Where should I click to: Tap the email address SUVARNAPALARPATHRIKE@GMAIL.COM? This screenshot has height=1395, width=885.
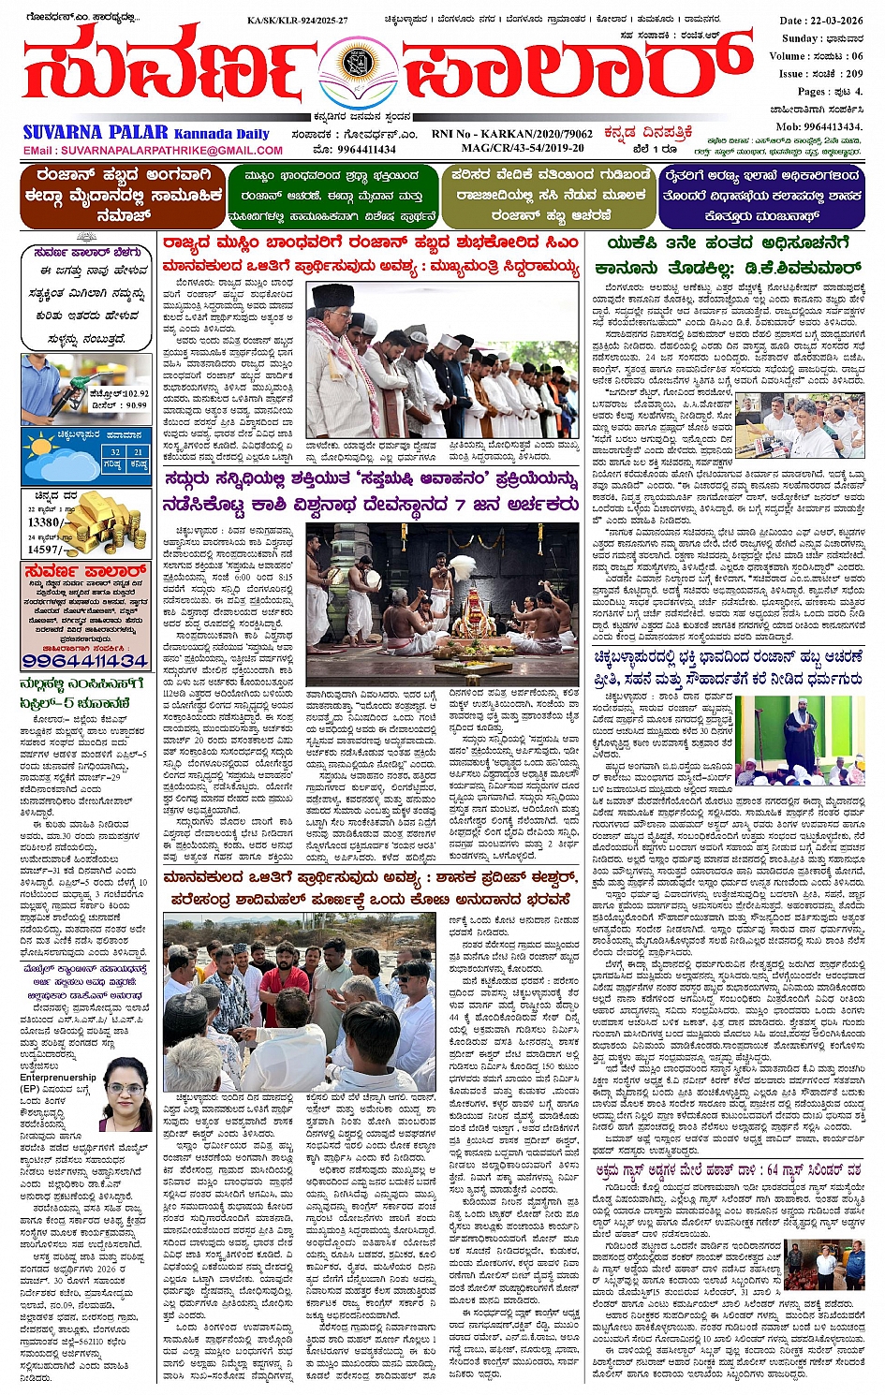point(153,150)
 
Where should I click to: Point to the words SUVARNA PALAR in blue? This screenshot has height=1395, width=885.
point(96,132)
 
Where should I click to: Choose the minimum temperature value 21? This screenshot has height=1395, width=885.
point(138,452)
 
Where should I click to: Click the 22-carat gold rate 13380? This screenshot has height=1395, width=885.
point(44,522)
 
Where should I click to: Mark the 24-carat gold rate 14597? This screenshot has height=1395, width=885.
point(44,550)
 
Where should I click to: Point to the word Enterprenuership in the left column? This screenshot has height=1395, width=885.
point(58,1077)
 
